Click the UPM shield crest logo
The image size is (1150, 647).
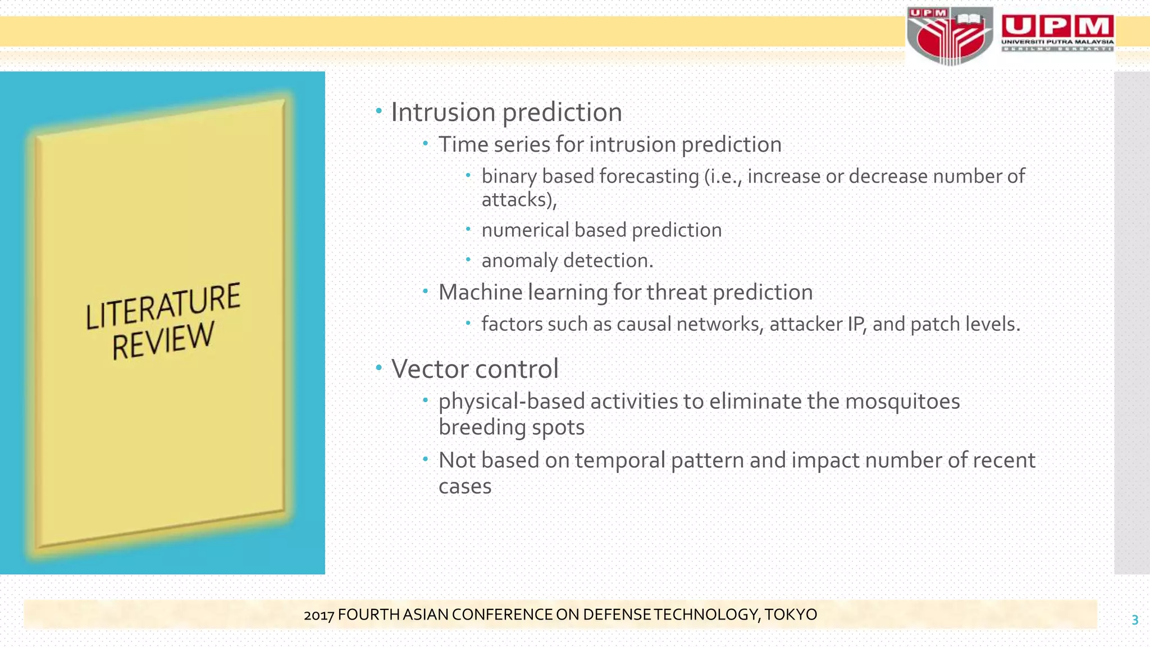tap(948, 36)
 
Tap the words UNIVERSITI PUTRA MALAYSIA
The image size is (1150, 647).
tap(1057, 42)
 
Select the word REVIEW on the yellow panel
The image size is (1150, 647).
tap(163, 340)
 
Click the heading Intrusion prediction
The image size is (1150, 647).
tap(506, 112)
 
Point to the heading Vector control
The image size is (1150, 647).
tap(474, 369)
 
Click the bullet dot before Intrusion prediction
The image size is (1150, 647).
tap(379, 111)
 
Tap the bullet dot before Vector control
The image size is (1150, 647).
tap(379, 368)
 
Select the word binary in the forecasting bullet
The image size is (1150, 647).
tap(509, 176)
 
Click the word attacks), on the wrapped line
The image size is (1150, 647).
tap(519, 200)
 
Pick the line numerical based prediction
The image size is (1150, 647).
tap(601, 230)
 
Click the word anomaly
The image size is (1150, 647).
tap(519, 261)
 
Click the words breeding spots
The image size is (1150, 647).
tap(511, 427)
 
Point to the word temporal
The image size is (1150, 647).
tap(620, 461)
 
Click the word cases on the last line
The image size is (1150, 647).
tap(464, 486)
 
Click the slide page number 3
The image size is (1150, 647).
tap(1134, 620)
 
